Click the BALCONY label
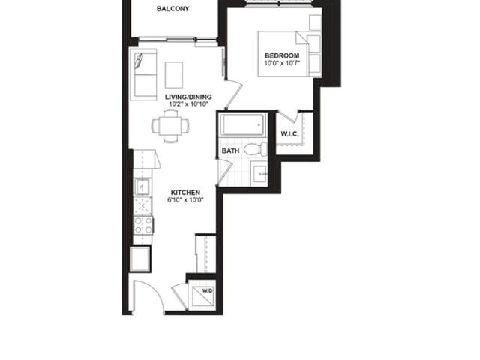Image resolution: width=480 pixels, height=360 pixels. click(x=172, y=9)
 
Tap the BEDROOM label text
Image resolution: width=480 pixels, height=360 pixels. click(x=282, y=55)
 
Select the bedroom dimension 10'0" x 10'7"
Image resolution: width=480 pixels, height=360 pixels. click(x=282, y=63)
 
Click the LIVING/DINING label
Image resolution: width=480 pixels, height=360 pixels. click(x=188, y=97)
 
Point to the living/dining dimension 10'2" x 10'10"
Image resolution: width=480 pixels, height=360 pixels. click(x=188, y=104)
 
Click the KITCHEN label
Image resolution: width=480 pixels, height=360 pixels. click(x=185, y=193)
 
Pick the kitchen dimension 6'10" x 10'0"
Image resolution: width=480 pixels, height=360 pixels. click(x=185, y=200)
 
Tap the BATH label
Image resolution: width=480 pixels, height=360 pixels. click(x=230, y=151)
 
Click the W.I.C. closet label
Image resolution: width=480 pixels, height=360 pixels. click(x=289, y=134)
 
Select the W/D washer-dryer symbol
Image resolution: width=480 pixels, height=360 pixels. click(x=202, y=295)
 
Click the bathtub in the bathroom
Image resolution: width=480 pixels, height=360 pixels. click(x=243, y=125)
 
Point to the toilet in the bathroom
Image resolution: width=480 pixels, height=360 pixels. click(x=256, y=149)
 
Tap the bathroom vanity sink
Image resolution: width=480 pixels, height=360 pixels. click(x=259, y=174)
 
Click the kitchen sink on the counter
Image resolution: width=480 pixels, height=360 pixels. click(x=142, y=187)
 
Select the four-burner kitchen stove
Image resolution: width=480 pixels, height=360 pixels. click(x=143, y=225)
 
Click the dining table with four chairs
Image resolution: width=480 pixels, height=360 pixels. click(x=170, y=126)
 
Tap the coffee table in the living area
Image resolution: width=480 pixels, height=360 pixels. click(x=174, y=75)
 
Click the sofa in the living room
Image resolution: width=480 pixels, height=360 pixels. click(x=143, y=74)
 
